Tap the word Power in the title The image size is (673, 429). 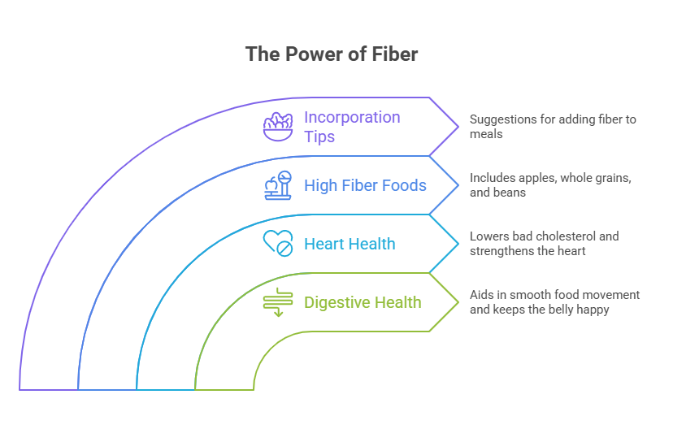pos(305,54)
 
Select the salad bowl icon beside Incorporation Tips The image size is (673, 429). pos(278,126)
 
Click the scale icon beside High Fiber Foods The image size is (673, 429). pos(278,185)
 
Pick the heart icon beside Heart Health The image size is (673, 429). pos(278,243)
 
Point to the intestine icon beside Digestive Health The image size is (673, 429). pos(278,301)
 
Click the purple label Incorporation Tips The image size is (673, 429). pos(352,127)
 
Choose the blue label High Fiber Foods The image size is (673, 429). pos(365,185)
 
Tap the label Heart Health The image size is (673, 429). pos(350,244)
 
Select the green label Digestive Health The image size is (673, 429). pos(363,302)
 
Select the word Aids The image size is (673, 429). pos(481,295)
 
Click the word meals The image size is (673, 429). pos(486,134)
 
